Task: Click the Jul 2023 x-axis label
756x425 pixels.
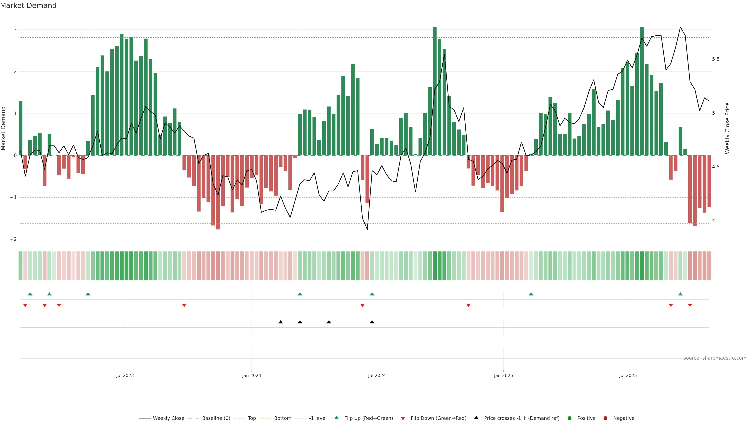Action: point(125,375)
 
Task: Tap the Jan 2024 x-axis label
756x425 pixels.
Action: point(252,375)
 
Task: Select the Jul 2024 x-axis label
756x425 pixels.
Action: point(377,375)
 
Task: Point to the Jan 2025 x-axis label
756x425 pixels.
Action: point(503,375)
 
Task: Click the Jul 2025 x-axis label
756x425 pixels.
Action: point(628,375)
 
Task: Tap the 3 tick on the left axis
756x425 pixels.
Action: point(15,30)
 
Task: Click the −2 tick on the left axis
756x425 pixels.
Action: point(14,239)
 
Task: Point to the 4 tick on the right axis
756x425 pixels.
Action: point(713,221)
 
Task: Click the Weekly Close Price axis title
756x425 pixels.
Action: point(727,128)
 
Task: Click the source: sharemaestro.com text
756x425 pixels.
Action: point(715,358)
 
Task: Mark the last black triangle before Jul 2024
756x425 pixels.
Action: point(372,322)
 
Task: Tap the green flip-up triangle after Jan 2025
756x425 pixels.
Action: point(531,294)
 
